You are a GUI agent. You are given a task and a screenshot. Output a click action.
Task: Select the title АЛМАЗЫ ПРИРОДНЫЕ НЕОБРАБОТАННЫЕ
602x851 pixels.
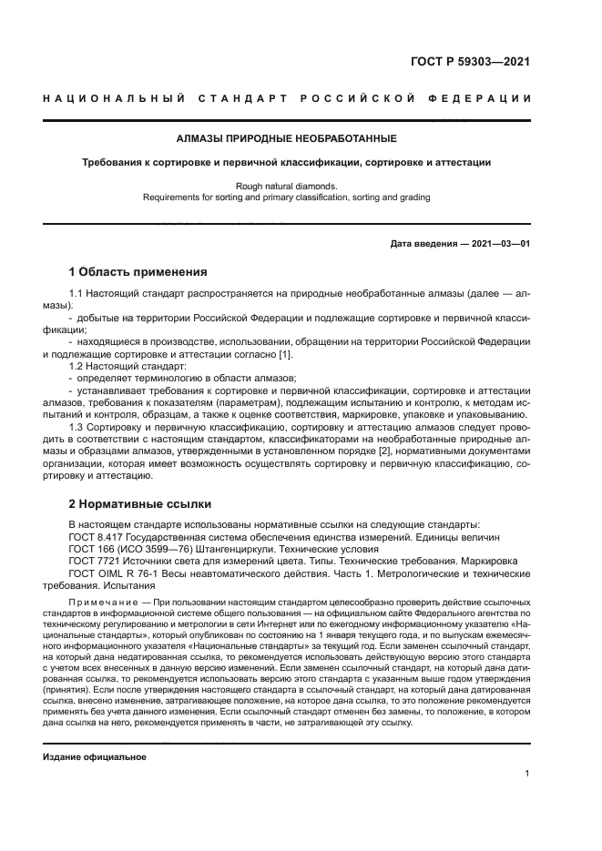[x=286, y=139]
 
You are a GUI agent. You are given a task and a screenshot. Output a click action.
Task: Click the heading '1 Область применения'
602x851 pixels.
[x=138, y=271]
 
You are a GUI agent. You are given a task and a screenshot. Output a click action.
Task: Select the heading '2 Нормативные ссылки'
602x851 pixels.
[x=140, y=503]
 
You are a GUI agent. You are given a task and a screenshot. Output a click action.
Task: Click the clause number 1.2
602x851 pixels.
[x=77, y=366]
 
